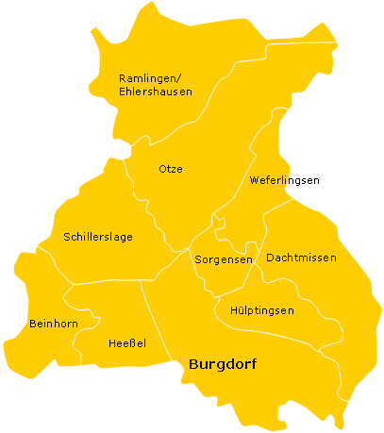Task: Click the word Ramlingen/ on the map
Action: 151,77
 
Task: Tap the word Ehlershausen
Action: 156,92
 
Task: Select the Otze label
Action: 170,169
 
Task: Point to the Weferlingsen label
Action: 284,180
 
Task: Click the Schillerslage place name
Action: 98,237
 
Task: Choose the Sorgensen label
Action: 223,258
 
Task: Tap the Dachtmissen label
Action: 301,257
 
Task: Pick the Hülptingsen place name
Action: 262,309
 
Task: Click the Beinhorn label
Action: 53,323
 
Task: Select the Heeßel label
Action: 127,343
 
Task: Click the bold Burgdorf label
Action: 223,363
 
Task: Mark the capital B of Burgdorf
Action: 193,363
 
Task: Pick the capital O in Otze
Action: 161,169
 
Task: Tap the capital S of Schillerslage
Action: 67,237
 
